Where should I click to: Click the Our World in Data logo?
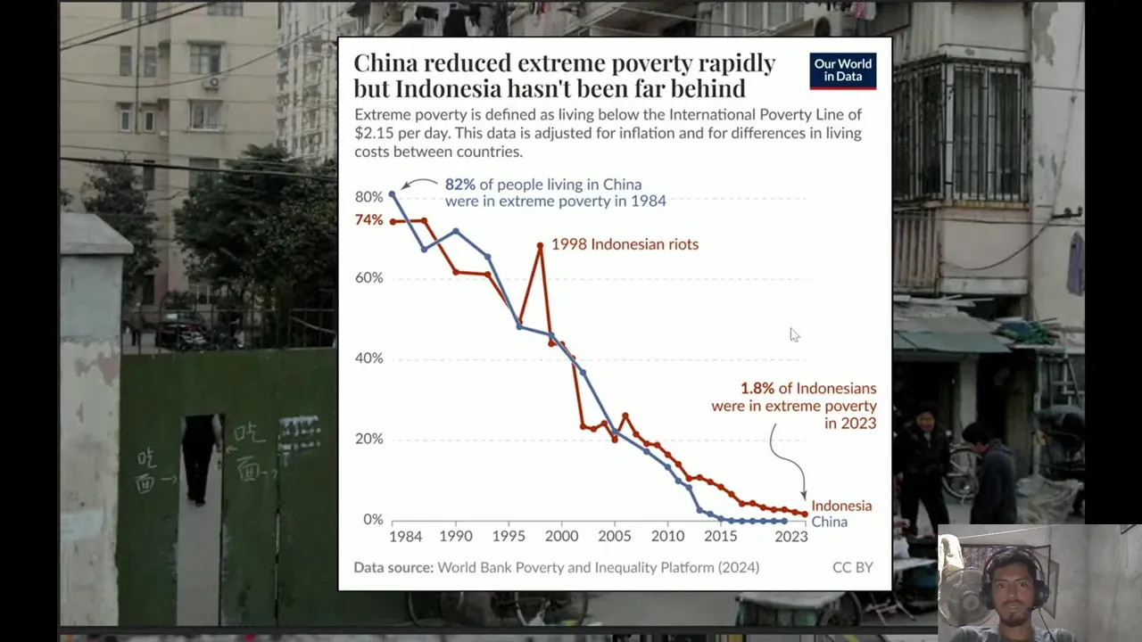842,70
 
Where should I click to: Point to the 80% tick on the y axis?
368,197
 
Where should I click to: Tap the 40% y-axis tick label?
368,358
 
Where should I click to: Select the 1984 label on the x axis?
405,537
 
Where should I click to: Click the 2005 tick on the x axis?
614,537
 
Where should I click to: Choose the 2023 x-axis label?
791,537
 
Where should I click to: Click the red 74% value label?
368,220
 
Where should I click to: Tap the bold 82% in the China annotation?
459,185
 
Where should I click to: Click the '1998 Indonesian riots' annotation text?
625,244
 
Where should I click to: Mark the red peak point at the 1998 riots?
540,245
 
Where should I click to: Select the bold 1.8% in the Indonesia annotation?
757,389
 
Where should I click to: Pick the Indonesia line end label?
840,506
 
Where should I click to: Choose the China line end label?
829,522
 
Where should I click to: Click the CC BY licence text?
852,567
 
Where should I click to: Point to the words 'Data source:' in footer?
393,567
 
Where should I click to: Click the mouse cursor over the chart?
793,333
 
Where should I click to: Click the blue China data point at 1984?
393,194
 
